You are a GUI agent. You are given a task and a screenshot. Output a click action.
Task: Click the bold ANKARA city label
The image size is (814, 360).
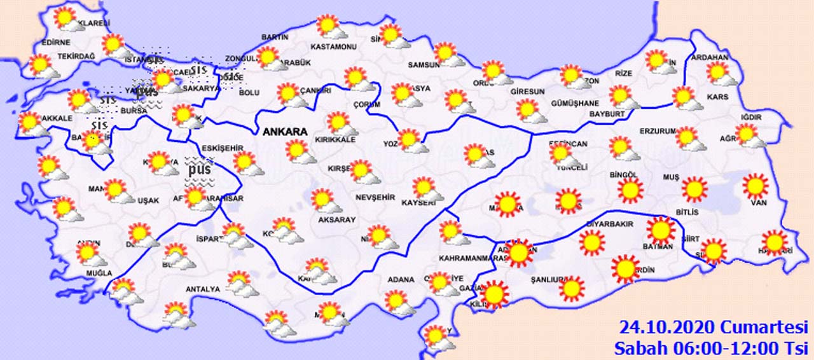(286, 132)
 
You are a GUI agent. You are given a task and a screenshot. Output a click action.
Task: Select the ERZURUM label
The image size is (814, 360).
(658, 131)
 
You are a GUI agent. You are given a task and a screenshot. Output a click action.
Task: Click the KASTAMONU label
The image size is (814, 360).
(333, 47)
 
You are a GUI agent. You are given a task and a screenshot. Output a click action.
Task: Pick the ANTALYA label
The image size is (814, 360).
(202, 289)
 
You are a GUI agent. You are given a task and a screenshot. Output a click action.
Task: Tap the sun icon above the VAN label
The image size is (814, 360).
(755, 186)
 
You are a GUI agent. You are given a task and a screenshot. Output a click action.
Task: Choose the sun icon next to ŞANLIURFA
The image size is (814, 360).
(572, 288)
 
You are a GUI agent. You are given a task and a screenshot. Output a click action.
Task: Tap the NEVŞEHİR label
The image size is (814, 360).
(375, 198)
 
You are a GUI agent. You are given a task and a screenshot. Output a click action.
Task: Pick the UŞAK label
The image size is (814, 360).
(148, 200)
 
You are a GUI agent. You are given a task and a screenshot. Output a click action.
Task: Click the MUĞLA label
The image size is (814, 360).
(81, 273)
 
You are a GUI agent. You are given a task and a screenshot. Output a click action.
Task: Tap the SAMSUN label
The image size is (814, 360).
(424, 65)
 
